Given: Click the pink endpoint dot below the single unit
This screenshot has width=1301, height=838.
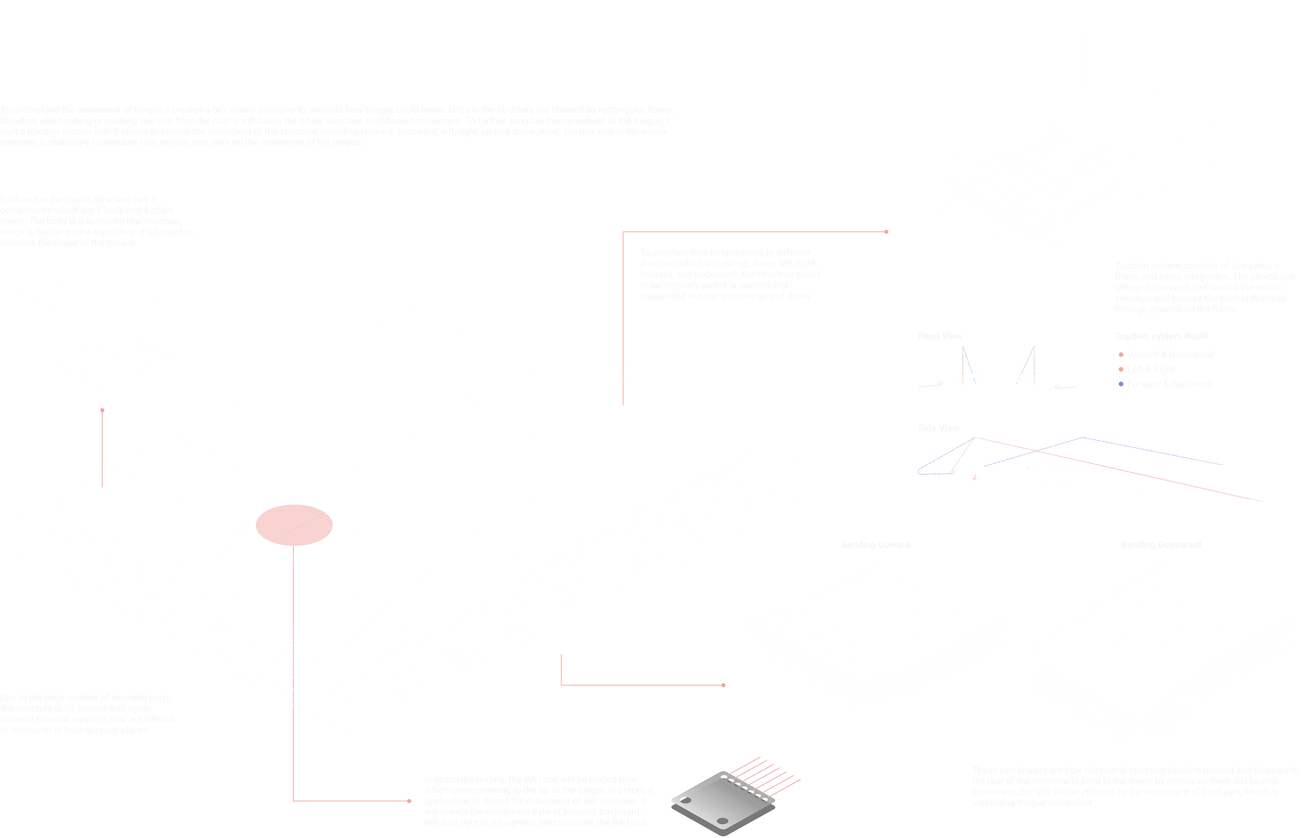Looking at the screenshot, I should (x=102, y=410).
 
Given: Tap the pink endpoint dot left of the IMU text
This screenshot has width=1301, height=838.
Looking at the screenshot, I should (x=409, y=801).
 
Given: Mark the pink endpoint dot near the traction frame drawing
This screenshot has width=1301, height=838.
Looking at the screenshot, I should (x=886, y=232).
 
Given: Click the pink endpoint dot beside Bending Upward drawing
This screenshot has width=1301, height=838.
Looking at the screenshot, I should (x=723, y=685).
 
